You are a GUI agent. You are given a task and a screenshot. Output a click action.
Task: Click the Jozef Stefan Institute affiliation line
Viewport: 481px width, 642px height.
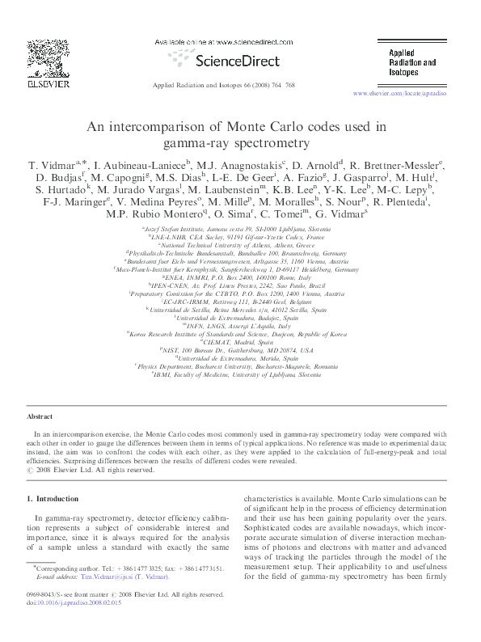coord(240,230)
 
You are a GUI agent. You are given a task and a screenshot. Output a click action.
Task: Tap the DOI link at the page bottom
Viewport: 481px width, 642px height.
coord(77,625)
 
